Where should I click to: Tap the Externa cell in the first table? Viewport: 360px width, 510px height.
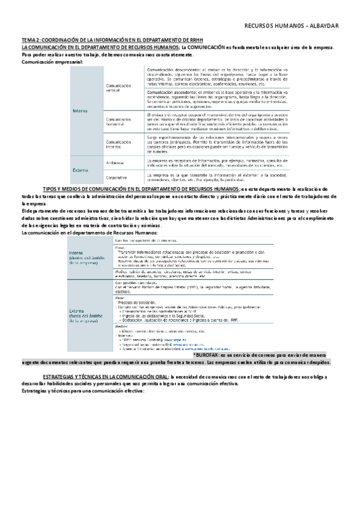(81, 170)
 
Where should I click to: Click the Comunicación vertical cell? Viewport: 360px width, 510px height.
(118, 88)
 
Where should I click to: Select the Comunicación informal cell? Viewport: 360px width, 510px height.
(118, 144)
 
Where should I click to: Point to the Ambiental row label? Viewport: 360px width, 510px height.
(115, 163)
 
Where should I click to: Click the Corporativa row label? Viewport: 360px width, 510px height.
(117, 177)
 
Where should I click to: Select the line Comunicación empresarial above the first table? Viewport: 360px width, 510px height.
(52, 62)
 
